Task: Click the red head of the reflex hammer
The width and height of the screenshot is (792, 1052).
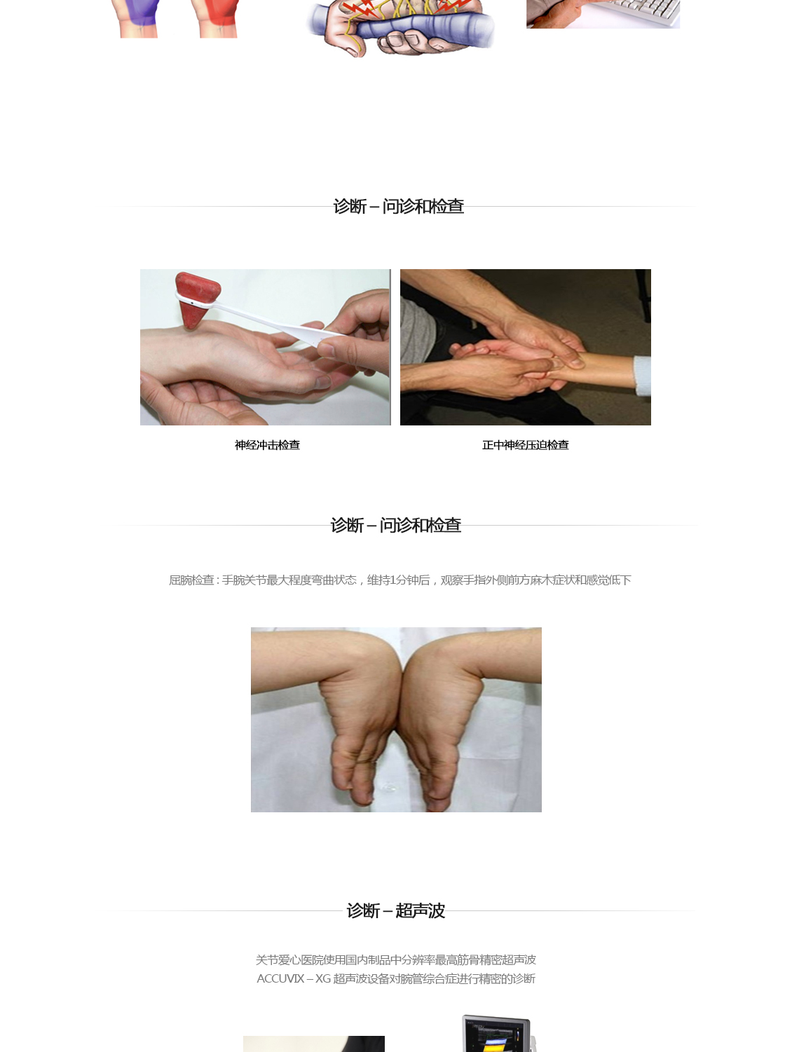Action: pyautogui.click(x=196, y=298)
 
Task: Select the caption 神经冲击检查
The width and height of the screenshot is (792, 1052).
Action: pyautogui.click(x=267, y=445)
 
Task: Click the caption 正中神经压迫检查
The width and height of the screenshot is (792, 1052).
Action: pyautogui.click(x=525, y=445)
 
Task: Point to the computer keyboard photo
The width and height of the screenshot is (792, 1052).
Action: pyautogui.click(x=602, y=13)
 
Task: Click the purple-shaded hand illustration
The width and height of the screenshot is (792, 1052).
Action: pyautogui.click(x=139, y=17)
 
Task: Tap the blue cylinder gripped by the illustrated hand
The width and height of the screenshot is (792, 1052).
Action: pyautogui.click(x=402, y=27)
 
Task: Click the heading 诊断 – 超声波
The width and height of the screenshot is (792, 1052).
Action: pyautogui.click(x=396, y=910)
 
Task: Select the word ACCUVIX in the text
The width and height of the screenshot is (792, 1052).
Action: pyautogui.click(x=280, y=978)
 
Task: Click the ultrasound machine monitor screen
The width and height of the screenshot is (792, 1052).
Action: pyautogui.click(x=496, y=1038)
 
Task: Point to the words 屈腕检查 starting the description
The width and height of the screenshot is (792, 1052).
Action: pyautogui.click(x=191, y=580)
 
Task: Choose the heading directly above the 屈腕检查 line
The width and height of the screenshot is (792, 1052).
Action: pyautogui.click(x=396, y=525)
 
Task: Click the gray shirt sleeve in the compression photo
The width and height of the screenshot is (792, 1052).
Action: pyautogui.click(x=416, y=331)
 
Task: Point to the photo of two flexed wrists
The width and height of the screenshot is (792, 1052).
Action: pyautogui.click(x=396, y=719)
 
